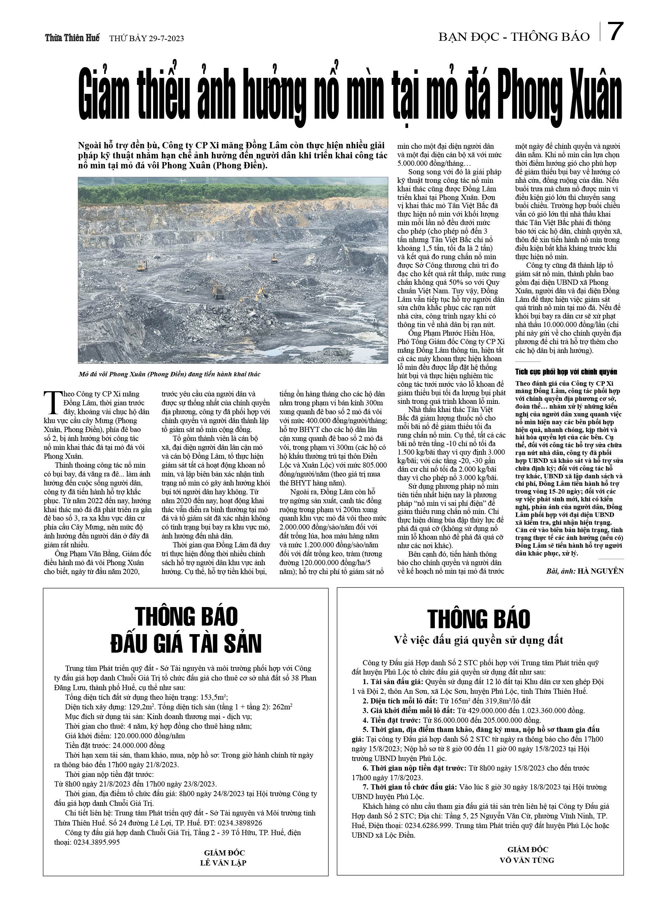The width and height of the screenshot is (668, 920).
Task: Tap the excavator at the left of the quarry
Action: point(142,266)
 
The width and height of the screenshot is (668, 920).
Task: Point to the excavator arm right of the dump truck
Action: point(258,293)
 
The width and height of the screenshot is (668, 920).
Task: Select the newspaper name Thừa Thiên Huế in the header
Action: point(72,38)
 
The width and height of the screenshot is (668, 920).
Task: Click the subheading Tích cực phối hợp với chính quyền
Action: point(566,372)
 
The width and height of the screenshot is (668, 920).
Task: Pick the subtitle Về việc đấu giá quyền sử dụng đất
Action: point(479,640)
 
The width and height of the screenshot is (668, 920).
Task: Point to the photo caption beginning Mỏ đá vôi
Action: point(169,374)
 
